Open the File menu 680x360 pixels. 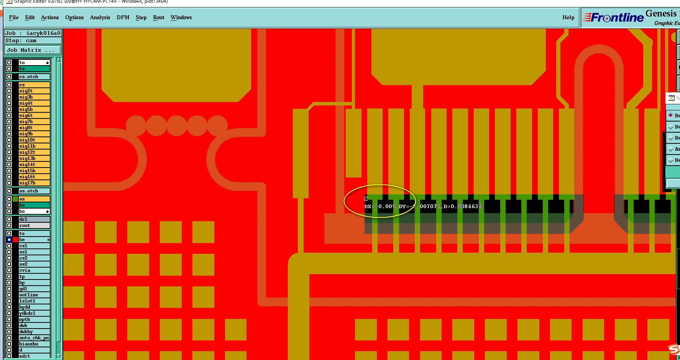(14, 17)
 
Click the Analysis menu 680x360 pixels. (100, 17)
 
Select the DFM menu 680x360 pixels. (123, 17)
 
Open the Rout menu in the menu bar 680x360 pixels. (158, 17)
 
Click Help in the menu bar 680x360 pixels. (568, 17)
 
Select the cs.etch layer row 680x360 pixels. (34, 77)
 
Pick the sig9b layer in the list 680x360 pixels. (34, 134)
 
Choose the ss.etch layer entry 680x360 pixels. (34, 191)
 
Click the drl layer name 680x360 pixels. (34, 219)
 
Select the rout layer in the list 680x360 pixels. (34, 225)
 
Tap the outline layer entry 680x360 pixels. (34, 295)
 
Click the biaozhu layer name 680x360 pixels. (34, 344)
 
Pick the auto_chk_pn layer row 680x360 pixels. (34, 338)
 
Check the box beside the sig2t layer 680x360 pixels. (9, 91)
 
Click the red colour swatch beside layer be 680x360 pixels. (15, 240)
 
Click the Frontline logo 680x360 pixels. (613, 18)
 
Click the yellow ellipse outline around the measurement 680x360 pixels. (379, 185)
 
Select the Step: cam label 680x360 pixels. (21, 41)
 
